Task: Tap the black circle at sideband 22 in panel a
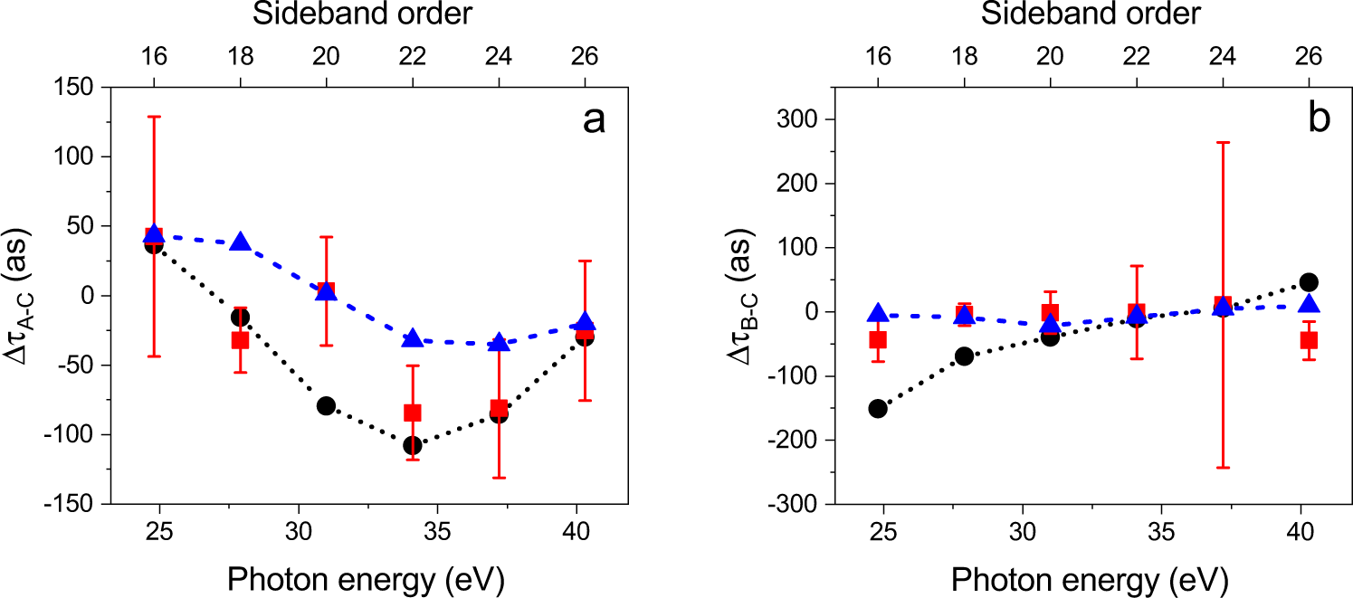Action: coord(413,445)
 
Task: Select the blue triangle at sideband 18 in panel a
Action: coord(241,242)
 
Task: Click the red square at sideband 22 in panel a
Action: coord(413,413)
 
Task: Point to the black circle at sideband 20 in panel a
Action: coord(326,405)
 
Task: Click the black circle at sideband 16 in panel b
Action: coord(877,408)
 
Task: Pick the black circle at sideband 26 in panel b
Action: coord(1309,282)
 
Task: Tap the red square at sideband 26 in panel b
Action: coord(1309,340)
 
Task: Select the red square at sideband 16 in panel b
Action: coord(877,339)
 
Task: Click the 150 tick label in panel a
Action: coord(76,87)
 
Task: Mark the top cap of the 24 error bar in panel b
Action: coord(1223,142)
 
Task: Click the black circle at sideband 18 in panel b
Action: coord(964,356)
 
